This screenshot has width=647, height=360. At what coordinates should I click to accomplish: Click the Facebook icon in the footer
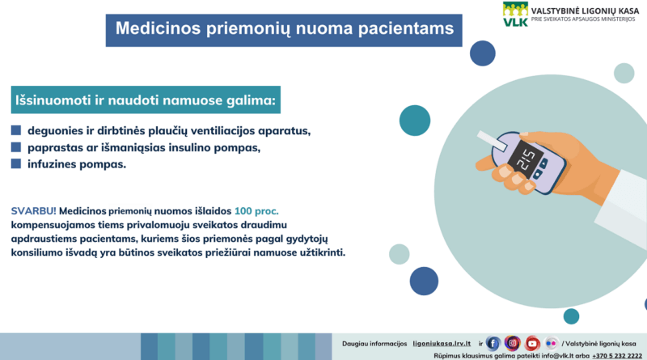click(493, 344)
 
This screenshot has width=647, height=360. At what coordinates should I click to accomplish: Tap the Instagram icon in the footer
click(513, 343)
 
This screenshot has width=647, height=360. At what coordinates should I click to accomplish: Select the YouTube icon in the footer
click(532, 344)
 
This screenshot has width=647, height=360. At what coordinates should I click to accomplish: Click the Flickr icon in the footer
click(551, 344)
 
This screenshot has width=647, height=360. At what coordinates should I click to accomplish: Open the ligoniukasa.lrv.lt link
click(442, 344)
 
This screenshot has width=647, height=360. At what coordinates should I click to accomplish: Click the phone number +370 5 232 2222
click(617, 356)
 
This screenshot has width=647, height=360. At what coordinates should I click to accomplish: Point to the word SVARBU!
click(33, 211)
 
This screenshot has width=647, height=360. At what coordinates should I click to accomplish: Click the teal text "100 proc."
click(256, 211)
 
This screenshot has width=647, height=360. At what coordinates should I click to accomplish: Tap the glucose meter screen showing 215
click(525, 159)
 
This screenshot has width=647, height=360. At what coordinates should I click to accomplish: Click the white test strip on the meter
click(492, 141)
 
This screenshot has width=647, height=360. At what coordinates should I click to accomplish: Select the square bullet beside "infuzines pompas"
click(16, 164)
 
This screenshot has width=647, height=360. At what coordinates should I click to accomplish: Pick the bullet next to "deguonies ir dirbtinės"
click(16, 130)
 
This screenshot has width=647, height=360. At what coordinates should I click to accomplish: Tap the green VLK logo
click(515, 15)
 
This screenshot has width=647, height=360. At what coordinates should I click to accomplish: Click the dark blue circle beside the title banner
click(482, 53)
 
